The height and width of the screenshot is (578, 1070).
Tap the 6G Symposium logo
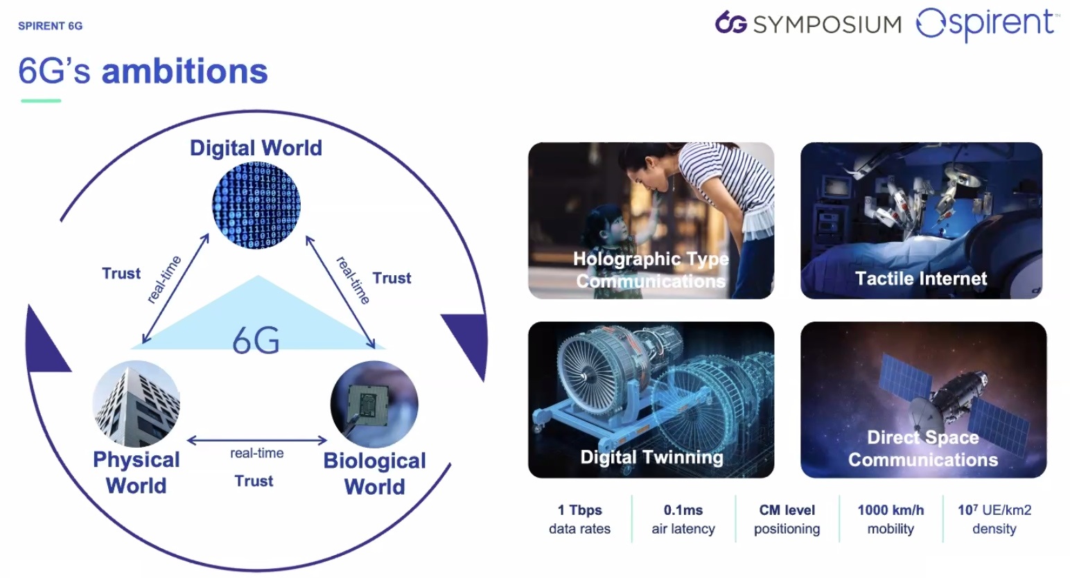(808, 23)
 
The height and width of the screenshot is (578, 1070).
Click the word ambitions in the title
(185, 71)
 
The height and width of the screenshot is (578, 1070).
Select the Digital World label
(256, 148)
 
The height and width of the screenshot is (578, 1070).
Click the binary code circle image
(256, 205)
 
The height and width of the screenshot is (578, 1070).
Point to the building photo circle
(137, 404)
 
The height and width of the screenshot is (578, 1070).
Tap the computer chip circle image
(374, 404)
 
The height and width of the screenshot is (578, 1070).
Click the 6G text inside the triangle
(256, 340)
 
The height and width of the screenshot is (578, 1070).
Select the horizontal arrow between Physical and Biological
(257, 440)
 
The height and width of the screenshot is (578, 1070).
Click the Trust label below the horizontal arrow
(254, 480)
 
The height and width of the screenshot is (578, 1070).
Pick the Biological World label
(374, 473)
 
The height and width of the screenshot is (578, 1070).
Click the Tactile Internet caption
(921, 279)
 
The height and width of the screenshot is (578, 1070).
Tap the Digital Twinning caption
(651, 457)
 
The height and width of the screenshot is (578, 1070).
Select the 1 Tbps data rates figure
(580, 519)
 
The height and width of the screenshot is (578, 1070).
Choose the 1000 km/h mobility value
(891, 519)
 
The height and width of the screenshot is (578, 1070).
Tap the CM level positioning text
(787, 519)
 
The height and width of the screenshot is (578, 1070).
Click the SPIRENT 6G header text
(50, 26)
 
